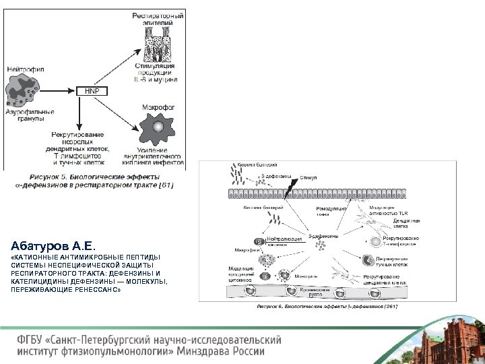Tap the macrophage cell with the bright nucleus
coord(158,127)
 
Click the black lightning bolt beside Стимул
coord(287,185)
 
